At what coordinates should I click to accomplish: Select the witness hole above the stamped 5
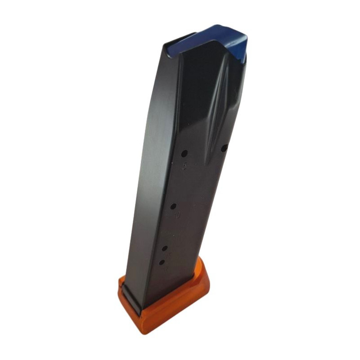click(x=184, y=153)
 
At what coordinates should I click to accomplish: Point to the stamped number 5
click(x=184, y=167)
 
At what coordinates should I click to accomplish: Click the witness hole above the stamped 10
click(x=173, y=206)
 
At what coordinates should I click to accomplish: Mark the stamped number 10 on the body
click(x=177, y=216)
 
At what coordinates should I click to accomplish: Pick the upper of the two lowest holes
click(x=165, y=248)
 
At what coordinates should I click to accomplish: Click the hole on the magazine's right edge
click(x=224, y=148)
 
